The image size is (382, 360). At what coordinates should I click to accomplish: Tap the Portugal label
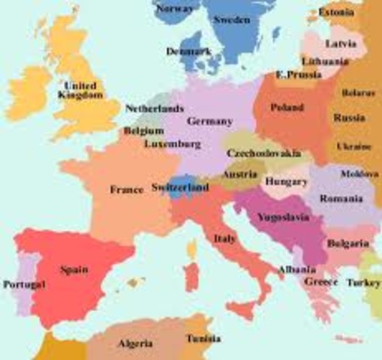pyautogui.click(x=24, y=285)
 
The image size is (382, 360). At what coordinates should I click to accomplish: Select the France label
pyautogui.click(x=126, y=190)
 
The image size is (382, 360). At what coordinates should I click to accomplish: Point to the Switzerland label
pyautogui.click(x=179, y=187)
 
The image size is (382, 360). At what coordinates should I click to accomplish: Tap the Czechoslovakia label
pyautogui.click(x=263, y=153)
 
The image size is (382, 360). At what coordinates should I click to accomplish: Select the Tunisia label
pyautogui.click(x=203, y=338)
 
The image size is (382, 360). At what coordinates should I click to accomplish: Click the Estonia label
pyautogui.click(x=336, y=12)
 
